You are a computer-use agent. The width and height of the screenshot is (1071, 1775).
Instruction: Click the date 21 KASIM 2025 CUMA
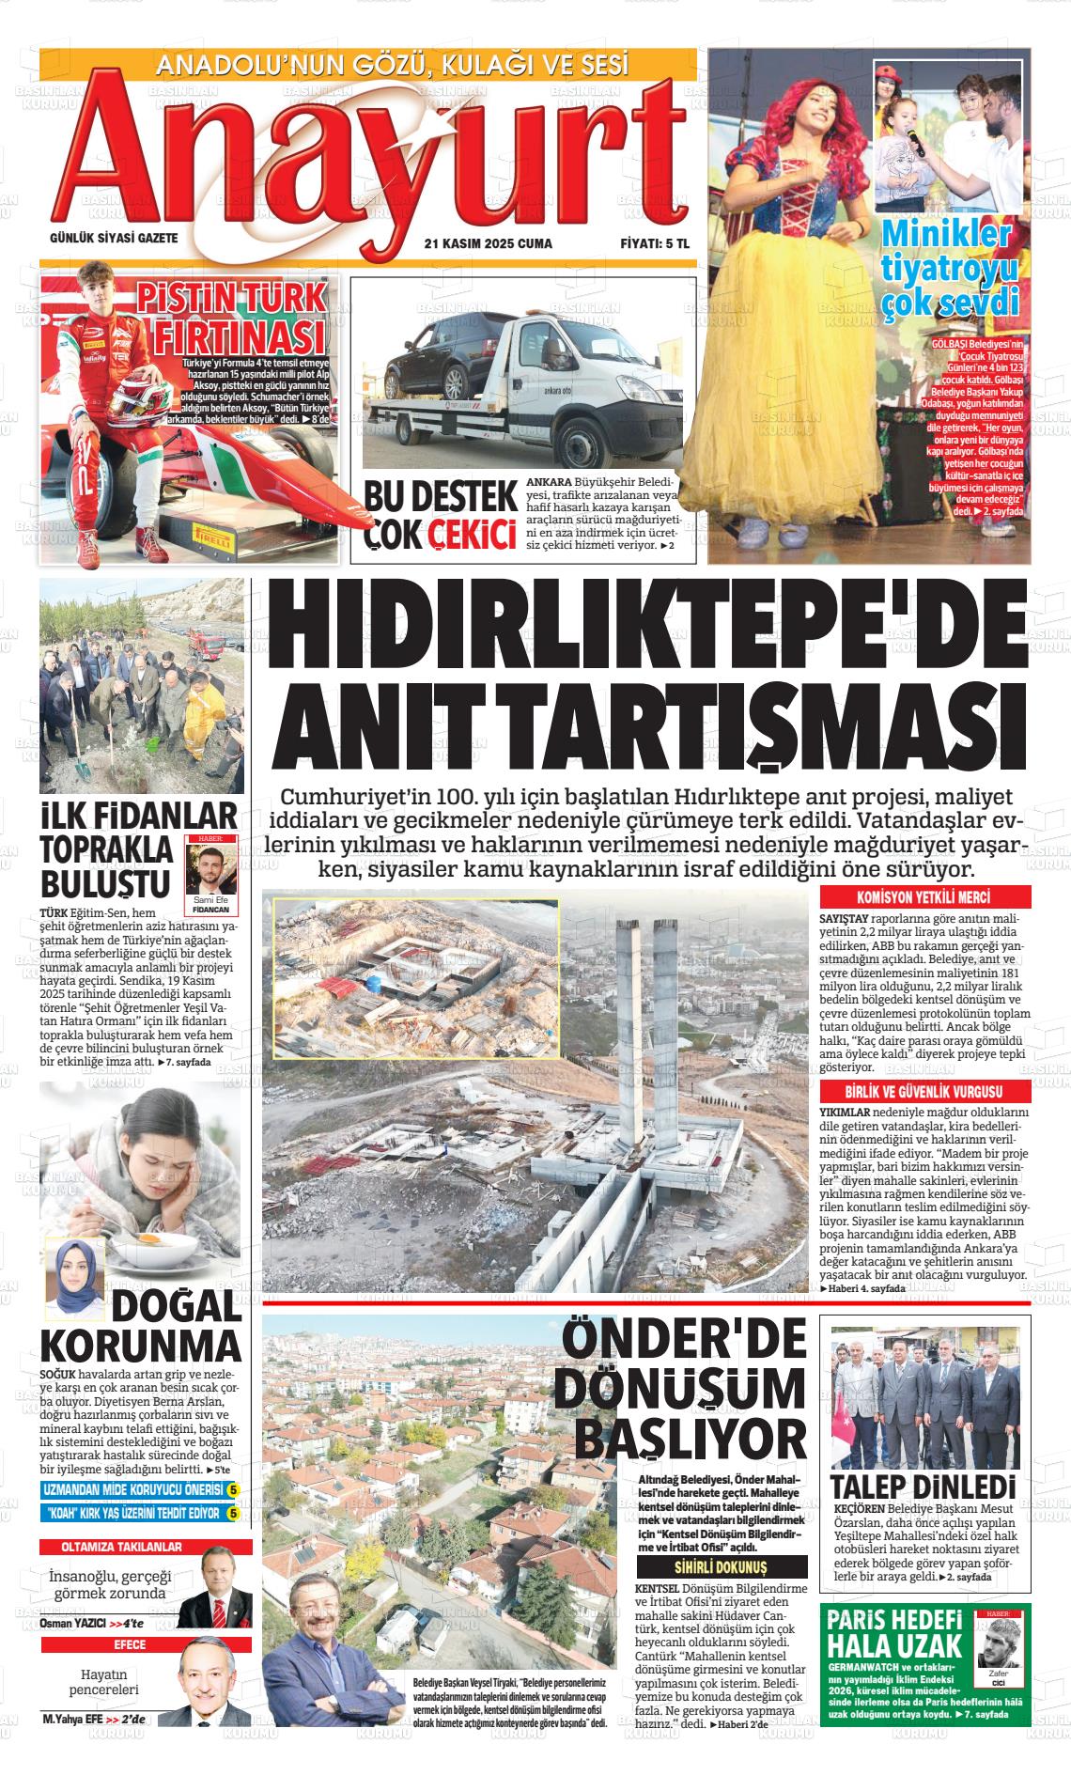[489, 244]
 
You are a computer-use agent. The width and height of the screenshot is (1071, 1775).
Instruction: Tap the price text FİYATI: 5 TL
[654, 244]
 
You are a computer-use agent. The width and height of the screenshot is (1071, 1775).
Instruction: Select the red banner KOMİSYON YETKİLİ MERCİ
[925, 896]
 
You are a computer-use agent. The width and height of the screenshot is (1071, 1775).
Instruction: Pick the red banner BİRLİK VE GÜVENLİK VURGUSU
[925, 1092]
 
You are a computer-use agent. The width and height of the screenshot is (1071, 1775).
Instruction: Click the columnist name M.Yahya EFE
[72, 1746]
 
